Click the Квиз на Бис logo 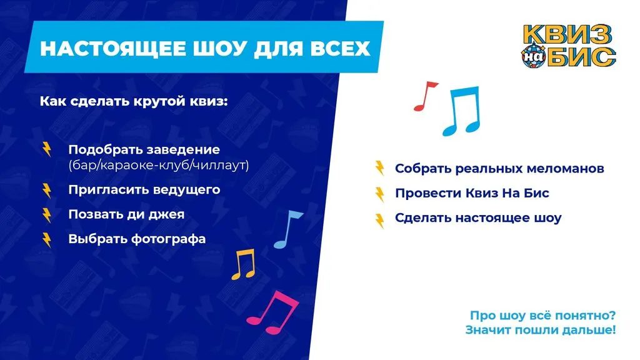569,46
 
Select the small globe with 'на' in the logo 533,57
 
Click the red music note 424,96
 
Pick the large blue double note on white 462,111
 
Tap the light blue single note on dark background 288,229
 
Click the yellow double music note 244,265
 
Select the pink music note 272,312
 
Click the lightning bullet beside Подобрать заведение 47,149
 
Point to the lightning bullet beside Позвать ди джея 47,215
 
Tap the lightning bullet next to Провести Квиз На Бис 379,194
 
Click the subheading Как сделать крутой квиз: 134,101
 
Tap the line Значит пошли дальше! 541,329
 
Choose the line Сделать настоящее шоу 478,217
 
